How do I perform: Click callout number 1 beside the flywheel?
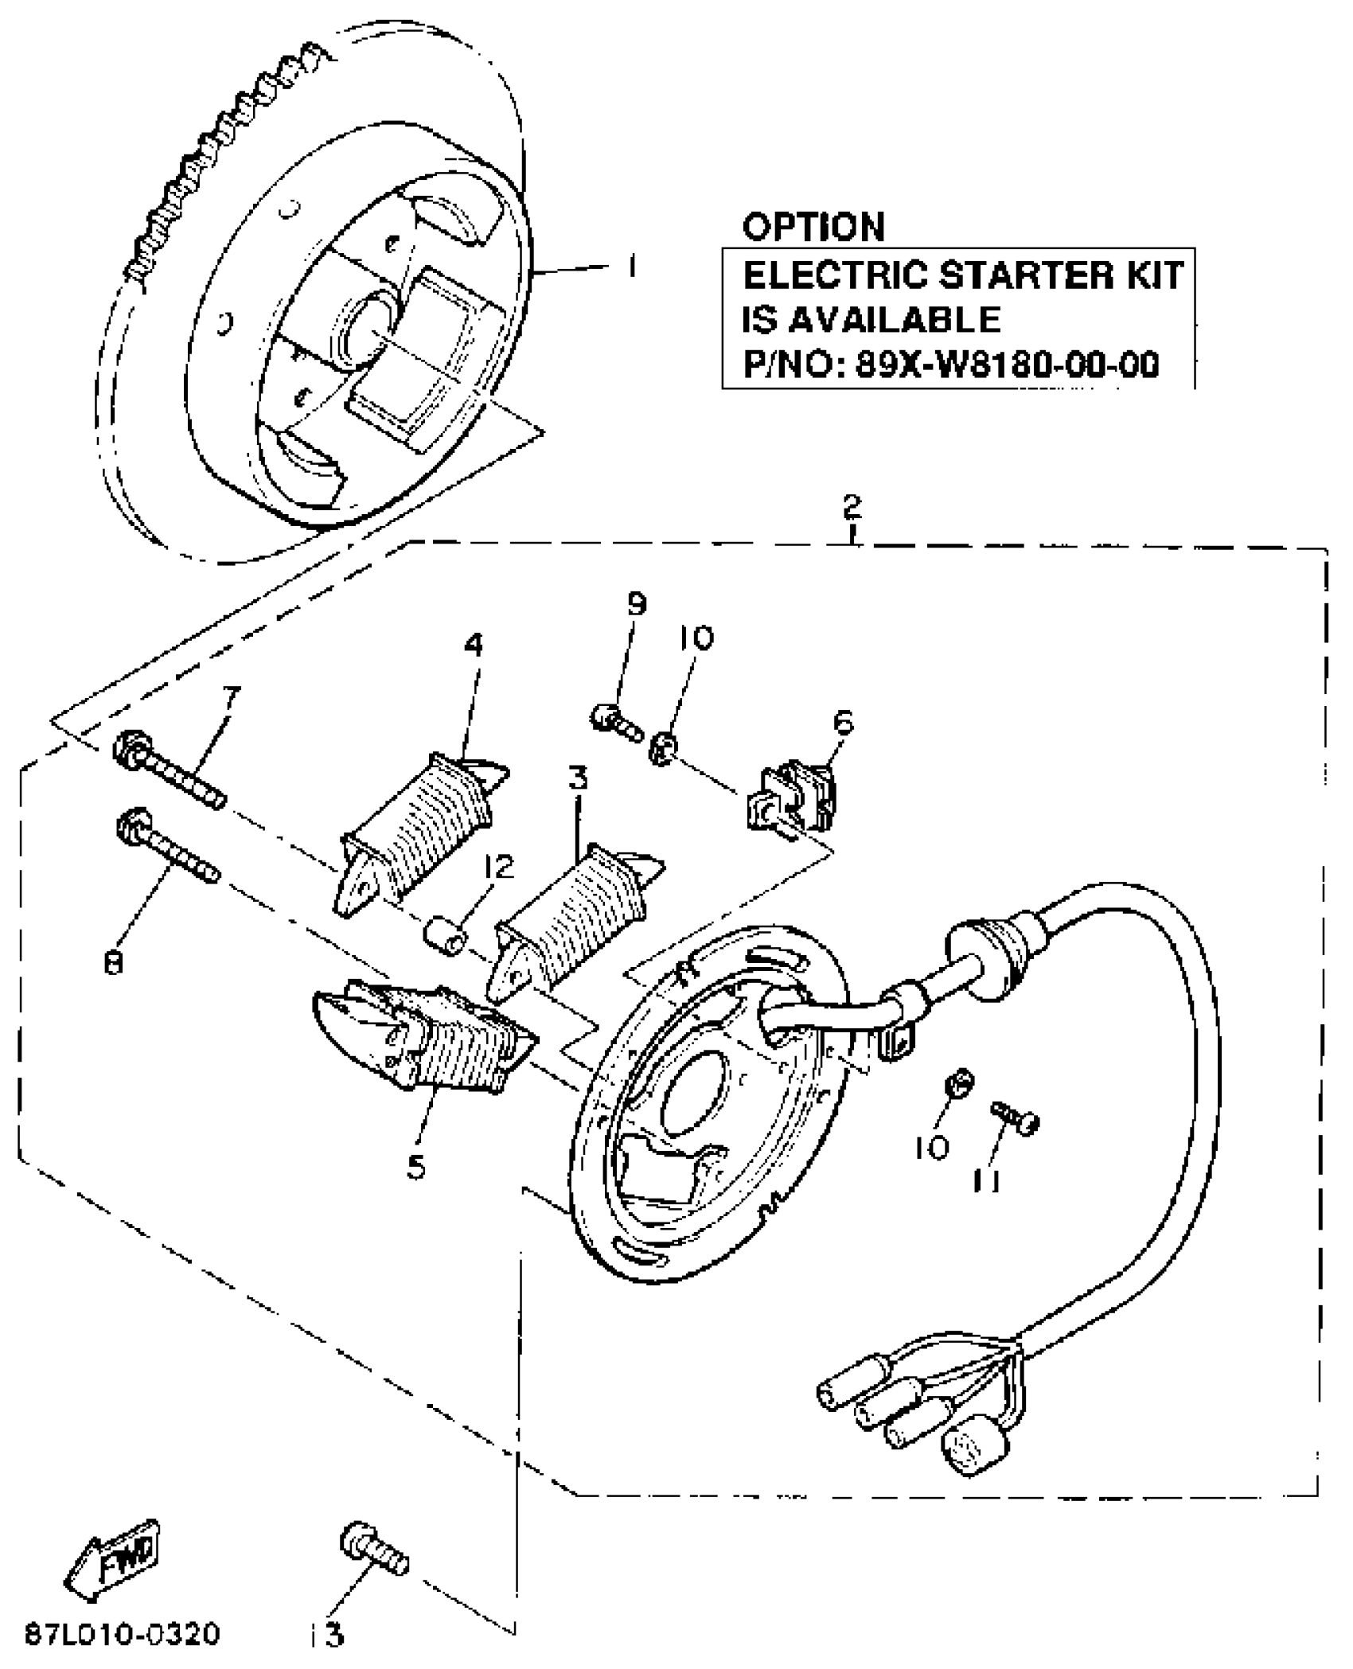click(x=631, y=267)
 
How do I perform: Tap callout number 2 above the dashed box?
click(x=852, y=507)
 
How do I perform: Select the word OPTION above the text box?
click(x=813, y=227)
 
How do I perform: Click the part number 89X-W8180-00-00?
click(x=1007, y=365)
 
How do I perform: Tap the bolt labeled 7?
click(x=170, y=769)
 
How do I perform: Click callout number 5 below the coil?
click(x=415, y=1167)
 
